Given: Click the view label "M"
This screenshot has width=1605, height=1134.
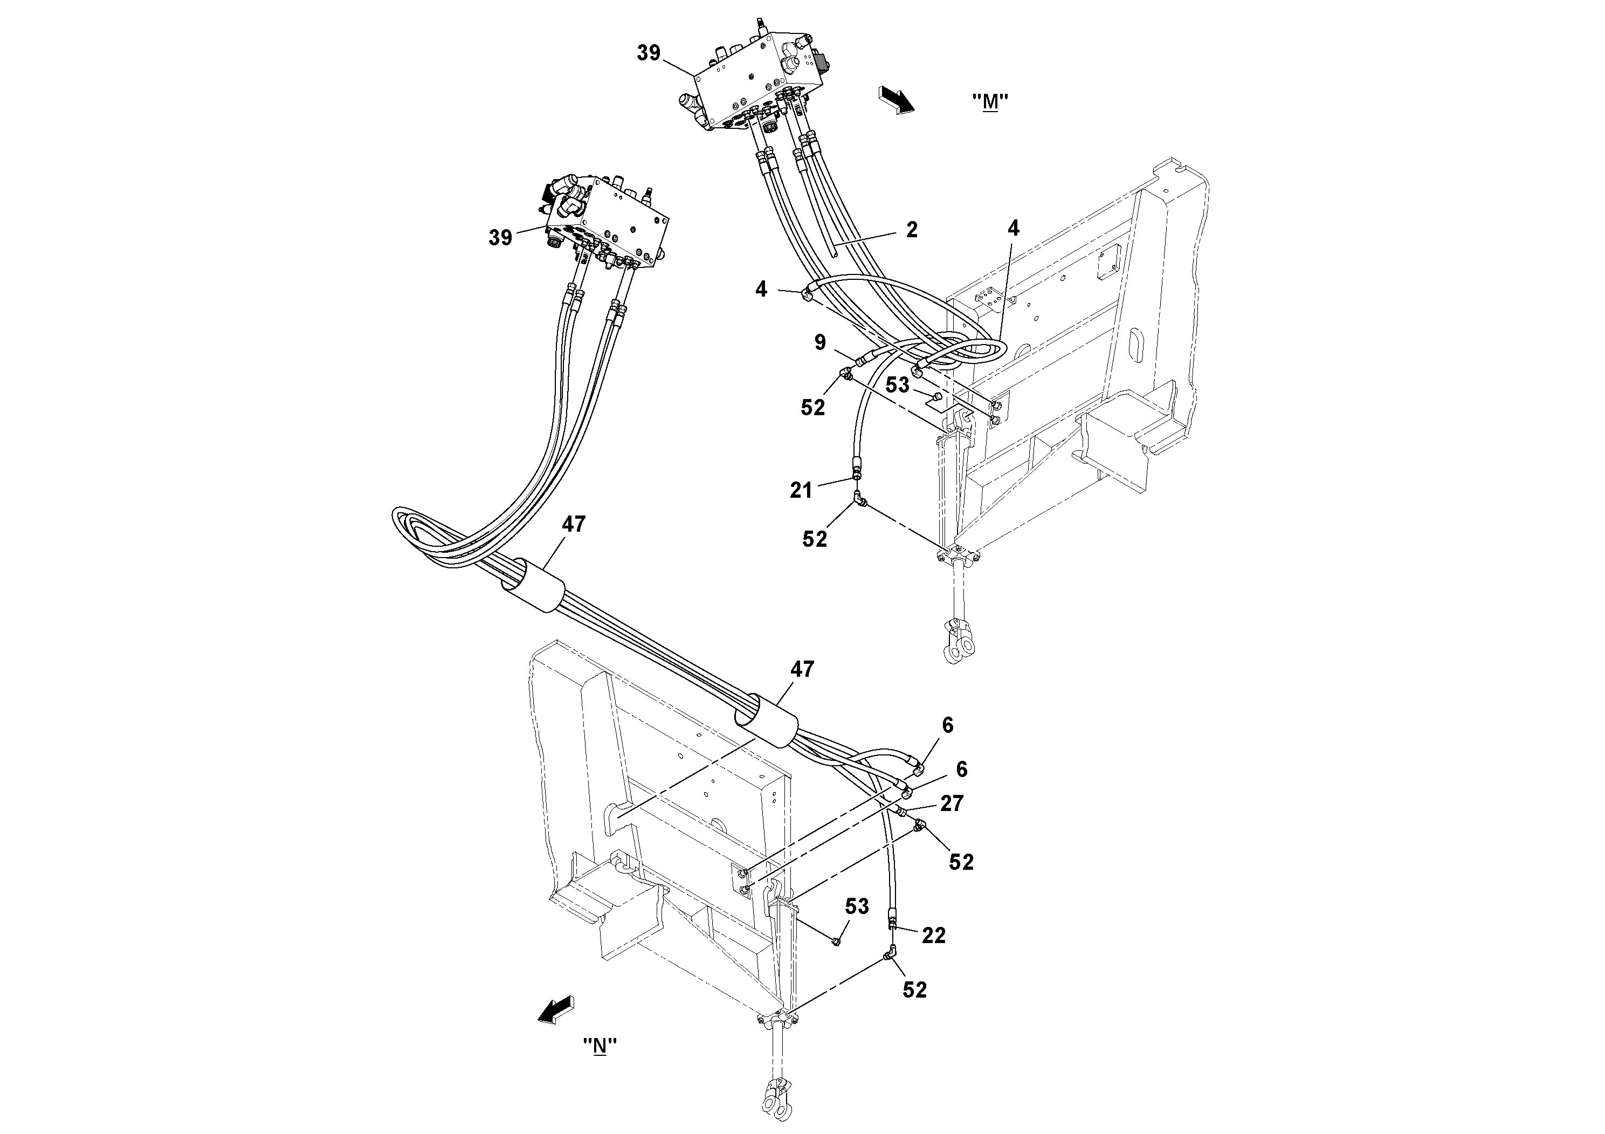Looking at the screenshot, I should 990,102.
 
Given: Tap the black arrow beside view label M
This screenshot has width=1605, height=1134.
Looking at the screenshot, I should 897,99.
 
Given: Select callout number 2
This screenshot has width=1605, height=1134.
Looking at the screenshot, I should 912,230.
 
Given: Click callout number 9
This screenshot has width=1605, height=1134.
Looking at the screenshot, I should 820,342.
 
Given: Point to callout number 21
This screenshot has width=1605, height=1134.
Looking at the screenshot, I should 801,491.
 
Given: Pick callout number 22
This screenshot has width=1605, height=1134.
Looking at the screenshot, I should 934,936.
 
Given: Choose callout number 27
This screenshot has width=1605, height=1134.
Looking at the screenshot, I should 952,803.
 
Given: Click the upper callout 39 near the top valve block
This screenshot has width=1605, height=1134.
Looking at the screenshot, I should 649,52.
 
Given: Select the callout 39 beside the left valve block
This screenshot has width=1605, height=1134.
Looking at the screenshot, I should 500,238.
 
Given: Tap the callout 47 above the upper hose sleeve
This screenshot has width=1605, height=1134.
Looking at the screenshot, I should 574,524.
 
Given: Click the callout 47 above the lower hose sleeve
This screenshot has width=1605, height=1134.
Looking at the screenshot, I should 802,669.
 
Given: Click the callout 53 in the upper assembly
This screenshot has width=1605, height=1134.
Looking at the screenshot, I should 898,384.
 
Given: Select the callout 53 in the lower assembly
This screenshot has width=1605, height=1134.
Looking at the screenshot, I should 857,906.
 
